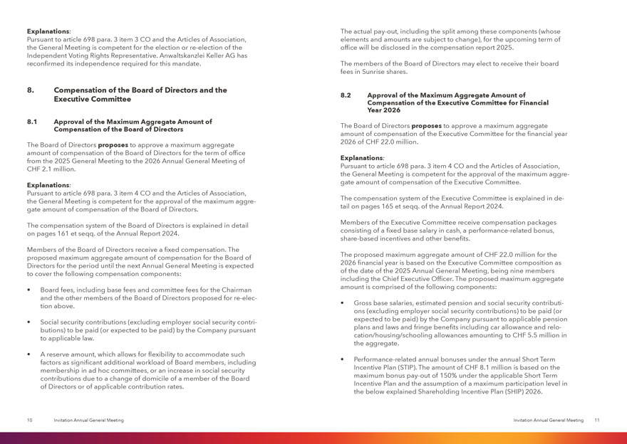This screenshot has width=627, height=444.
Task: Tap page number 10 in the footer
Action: pos(29,421)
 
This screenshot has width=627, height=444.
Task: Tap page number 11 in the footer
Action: pos(596,421)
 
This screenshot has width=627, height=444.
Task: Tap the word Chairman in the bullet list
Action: pos(234,290)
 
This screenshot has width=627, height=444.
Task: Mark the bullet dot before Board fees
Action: pos(28,290)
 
